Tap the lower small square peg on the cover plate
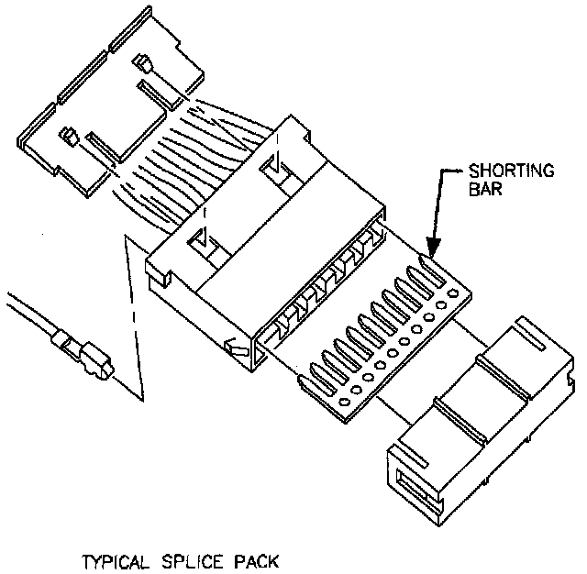[x=69, y=137]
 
